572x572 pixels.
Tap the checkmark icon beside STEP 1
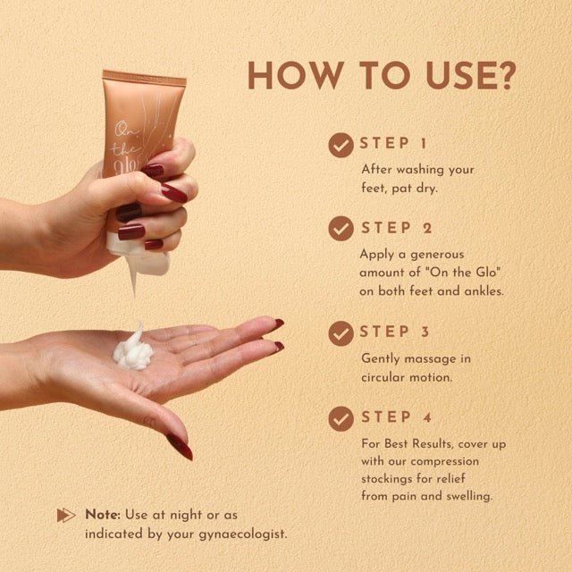coord(341,145)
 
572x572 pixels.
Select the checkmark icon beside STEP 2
coord(341,229)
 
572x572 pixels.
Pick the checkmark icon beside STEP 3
coord(341,333)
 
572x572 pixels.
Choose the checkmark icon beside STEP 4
coord(341,419)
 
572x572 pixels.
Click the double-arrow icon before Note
coord(66,515)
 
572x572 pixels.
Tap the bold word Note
coord(103,515)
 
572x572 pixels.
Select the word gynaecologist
coord(243,534)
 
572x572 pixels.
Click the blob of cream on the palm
coord(133,349)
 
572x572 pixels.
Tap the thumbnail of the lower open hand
coord(180,447)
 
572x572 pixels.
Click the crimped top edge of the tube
coord(144,78)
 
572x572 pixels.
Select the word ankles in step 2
coord(484,291)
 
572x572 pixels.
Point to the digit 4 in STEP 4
coord(427,417)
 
